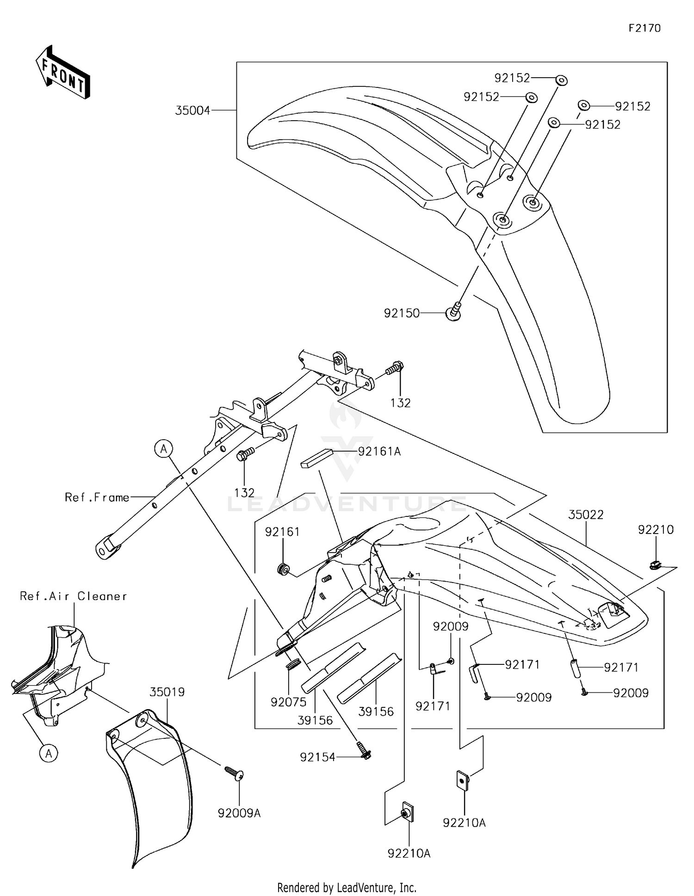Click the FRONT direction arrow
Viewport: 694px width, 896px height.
[x=63, y=72]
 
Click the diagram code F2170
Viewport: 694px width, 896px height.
[x=644, y=28]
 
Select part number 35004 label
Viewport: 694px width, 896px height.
[x=192, y=110]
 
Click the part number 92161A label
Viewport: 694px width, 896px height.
[x=379, y=451]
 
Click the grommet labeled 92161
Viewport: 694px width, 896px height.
[x=282, y=569]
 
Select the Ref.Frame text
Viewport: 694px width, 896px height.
[x=97, y=497]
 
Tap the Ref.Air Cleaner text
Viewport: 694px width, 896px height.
[x=73, y=596]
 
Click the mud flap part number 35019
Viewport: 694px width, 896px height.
[x=167, y=692]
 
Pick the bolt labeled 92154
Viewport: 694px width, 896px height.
[x=365, y=755]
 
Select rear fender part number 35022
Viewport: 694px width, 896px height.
[x=586, y=515]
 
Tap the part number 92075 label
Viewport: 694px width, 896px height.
[x=289, y=702]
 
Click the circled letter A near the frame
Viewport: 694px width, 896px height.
[x=164, y=448]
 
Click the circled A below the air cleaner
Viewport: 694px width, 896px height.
[x=49, y=754]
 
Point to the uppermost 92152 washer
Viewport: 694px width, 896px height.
[x=561, y=80]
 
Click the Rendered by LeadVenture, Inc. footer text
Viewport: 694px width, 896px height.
[x=347, y=887]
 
